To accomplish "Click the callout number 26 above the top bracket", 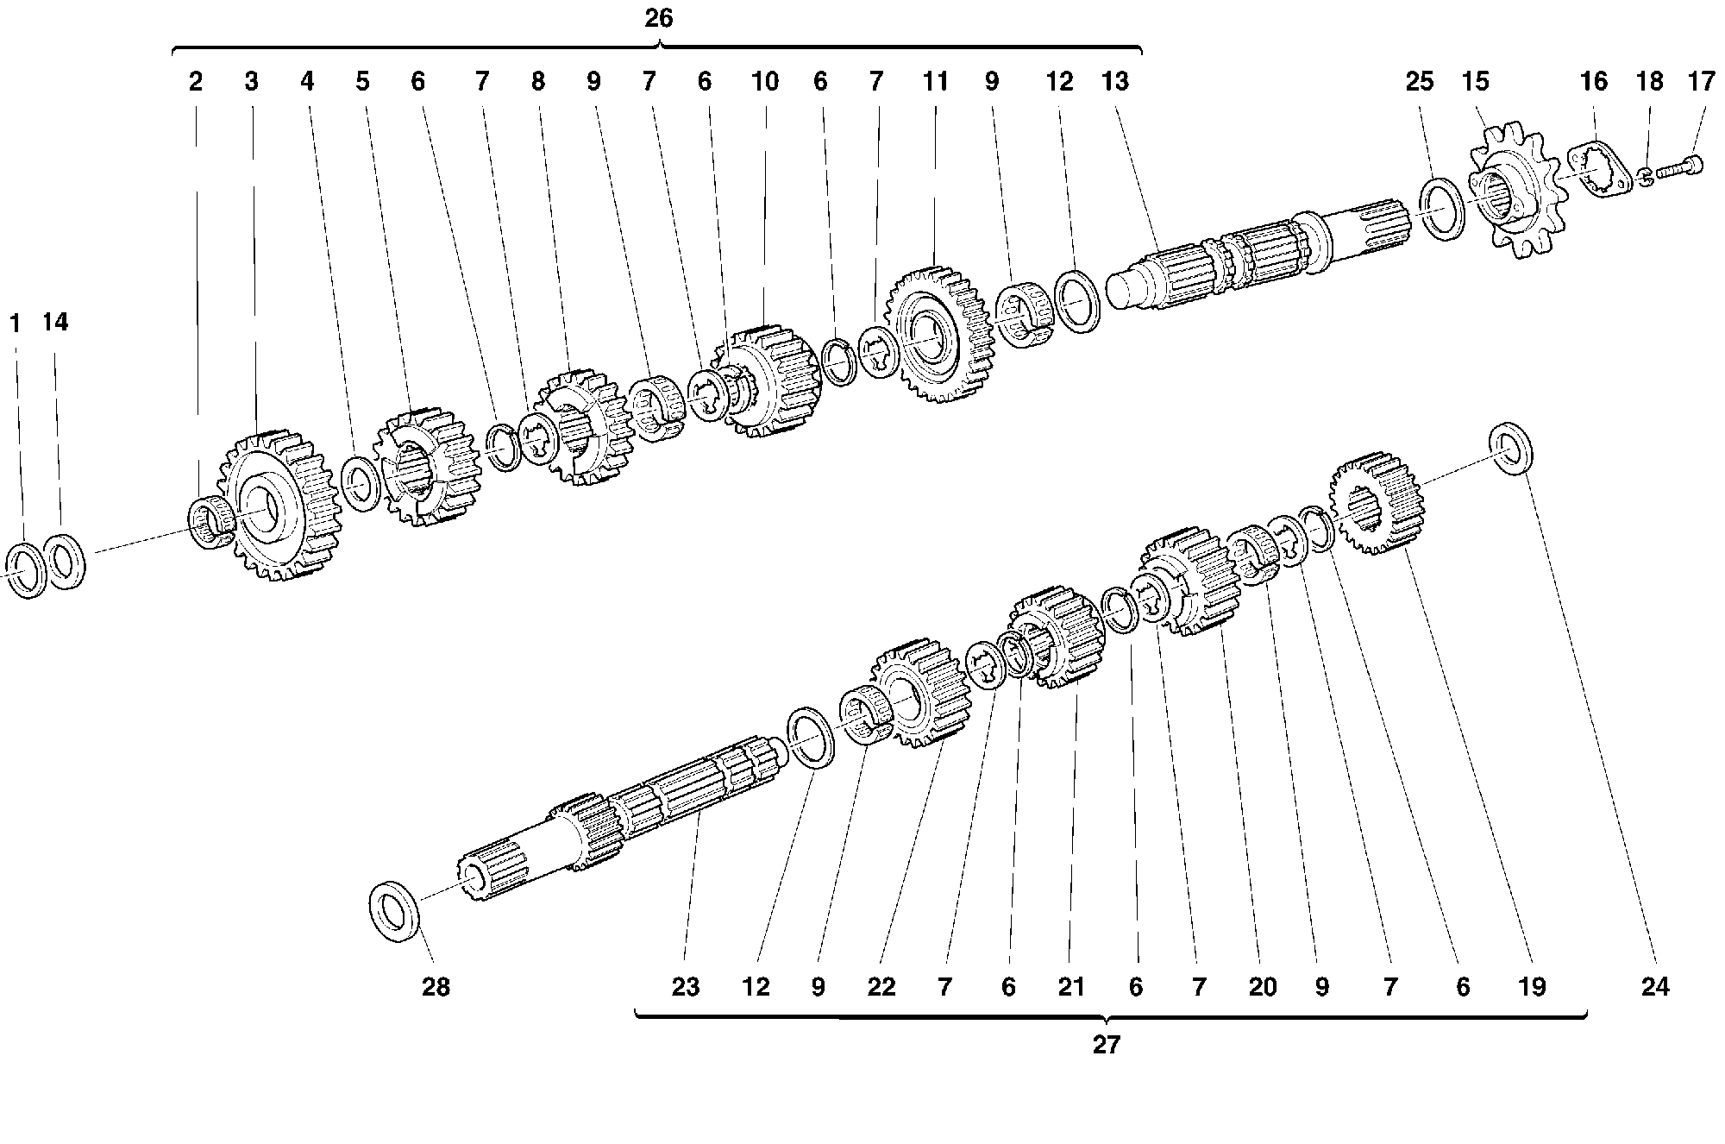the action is (659, 18).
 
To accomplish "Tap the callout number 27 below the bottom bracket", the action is (1106, 1045).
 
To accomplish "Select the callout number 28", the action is (436, 986).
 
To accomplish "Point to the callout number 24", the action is (1655, 986).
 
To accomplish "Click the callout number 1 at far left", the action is (15, 324).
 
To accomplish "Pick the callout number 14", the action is (54, 322).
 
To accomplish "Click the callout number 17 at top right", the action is (1702, 81).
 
